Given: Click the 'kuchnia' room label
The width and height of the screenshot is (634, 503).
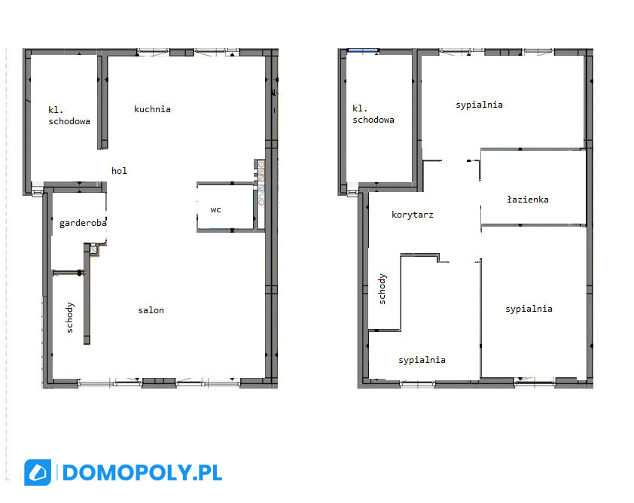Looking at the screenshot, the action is coord(152,109).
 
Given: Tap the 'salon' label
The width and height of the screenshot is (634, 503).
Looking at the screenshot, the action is coord(151,310).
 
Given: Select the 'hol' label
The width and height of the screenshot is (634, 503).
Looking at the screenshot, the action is coord(119,171).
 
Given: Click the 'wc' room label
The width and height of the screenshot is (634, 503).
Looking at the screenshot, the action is coord(215,209).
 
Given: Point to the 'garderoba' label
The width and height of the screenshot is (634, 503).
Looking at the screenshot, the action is coord(83,223).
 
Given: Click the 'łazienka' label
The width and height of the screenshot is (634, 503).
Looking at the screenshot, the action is coord(528,199).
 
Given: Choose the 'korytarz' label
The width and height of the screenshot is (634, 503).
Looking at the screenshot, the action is coord(413,215).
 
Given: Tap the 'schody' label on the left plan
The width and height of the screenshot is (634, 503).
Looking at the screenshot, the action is coord(70,318).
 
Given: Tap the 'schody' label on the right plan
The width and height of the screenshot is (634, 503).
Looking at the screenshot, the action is coord(382,288).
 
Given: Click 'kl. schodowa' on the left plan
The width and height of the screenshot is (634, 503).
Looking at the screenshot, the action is coord(69,115).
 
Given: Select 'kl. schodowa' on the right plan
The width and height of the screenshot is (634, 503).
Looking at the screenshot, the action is coord(373,114).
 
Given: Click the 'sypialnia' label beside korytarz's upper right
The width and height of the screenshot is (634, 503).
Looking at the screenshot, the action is coord(479,105).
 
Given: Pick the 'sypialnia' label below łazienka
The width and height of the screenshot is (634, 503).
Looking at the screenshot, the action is coord(529,309).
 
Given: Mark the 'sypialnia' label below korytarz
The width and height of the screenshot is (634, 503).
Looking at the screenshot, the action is coord(422,360).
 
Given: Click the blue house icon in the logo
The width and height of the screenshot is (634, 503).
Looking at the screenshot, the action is coord(38,472).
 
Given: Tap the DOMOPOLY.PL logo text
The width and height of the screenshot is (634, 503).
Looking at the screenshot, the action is coord(142,473).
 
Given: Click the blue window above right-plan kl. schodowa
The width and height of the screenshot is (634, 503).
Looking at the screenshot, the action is coord(363,50).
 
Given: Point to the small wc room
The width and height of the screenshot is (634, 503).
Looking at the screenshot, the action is coord(225,207).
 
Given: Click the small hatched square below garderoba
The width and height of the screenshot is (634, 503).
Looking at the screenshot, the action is coord(94,250).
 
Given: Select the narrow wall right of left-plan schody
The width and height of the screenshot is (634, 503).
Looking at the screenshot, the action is coord(87,294).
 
